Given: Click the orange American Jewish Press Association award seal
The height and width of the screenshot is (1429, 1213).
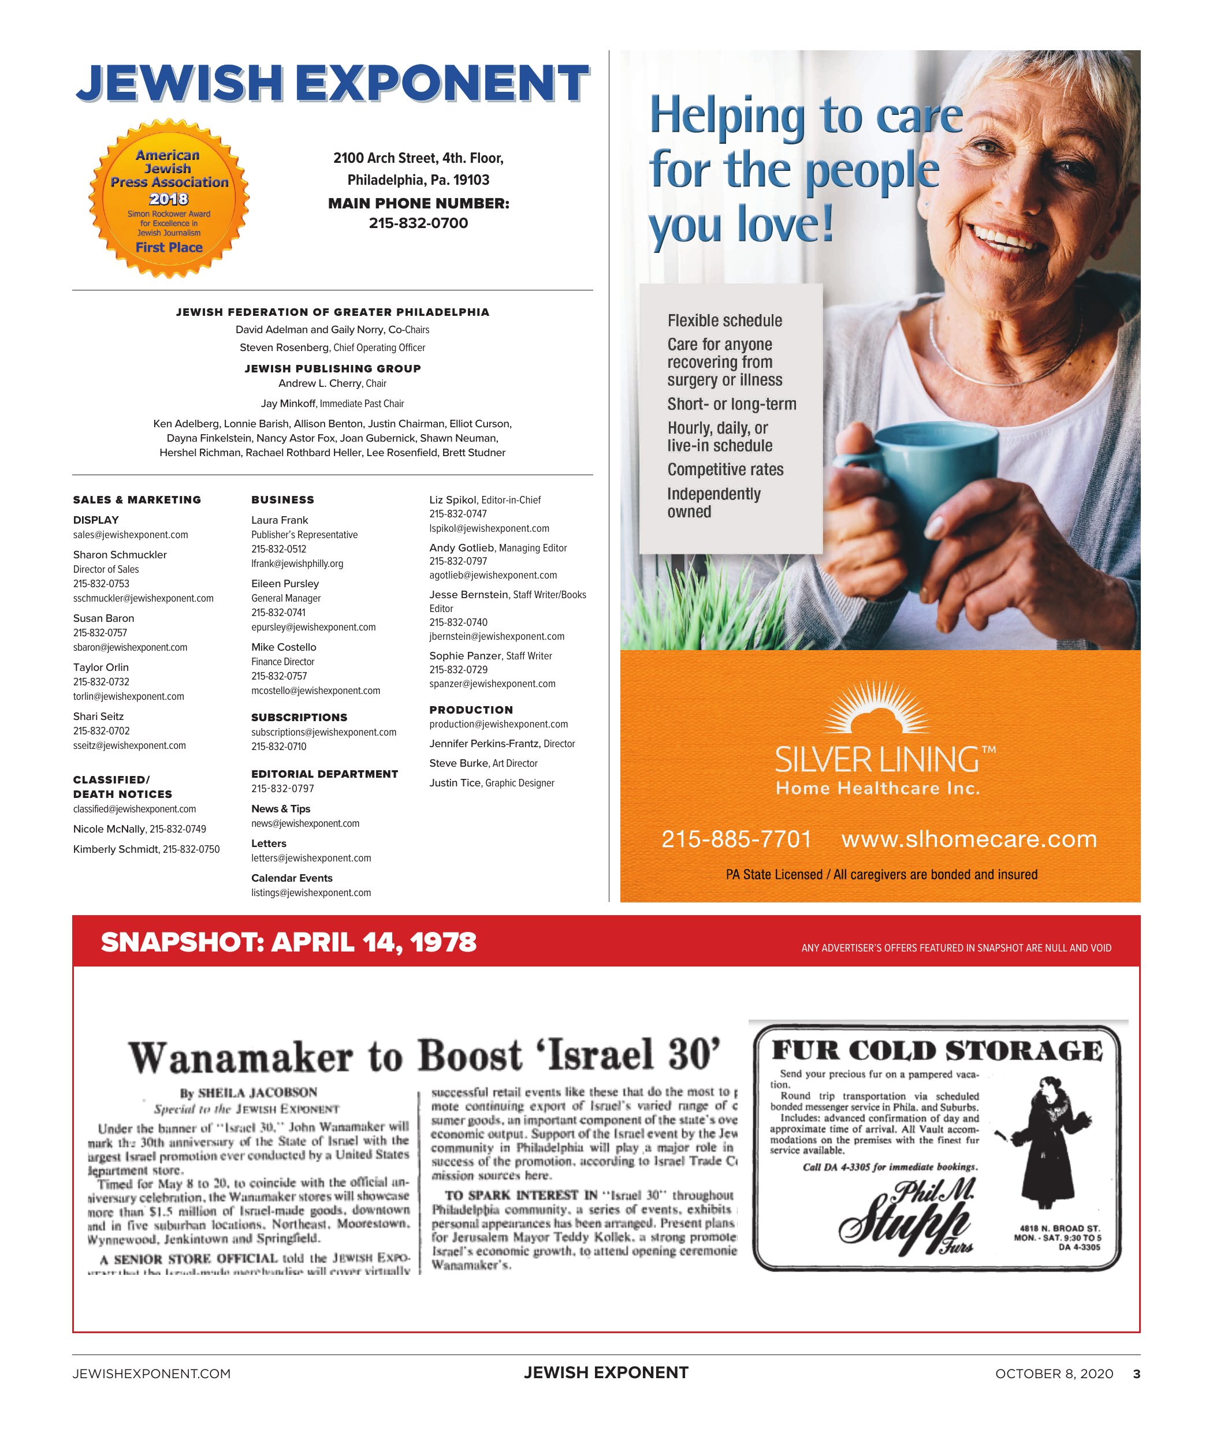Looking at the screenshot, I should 169,199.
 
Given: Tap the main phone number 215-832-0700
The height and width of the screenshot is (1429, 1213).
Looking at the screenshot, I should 418,223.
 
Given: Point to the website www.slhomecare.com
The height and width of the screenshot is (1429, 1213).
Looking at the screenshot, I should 968,840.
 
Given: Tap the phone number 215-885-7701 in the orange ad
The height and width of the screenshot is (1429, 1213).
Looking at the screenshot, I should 736,840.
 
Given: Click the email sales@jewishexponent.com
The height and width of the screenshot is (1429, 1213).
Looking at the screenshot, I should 131,535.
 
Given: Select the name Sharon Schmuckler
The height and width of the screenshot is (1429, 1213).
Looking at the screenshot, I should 120,555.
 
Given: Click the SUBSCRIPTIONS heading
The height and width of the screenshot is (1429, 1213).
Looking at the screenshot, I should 299,717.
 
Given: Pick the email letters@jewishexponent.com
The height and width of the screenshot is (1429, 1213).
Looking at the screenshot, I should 311,858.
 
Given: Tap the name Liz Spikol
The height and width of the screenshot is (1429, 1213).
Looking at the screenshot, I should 452,499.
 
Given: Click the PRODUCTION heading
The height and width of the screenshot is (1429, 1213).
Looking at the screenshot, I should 471,710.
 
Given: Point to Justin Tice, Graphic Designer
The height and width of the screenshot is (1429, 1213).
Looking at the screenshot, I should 492,783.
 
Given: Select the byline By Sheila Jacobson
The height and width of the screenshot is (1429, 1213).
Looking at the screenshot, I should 249,1092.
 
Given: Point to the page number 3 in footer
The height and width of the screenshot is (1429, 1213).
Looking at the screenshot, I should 1137,1374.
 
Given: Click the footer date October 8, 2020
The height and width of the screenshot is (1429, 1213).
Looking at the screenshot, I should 1054,1374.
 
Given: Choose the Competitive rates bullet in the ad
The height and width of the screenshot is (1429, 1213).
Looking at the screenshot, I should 725,469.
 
